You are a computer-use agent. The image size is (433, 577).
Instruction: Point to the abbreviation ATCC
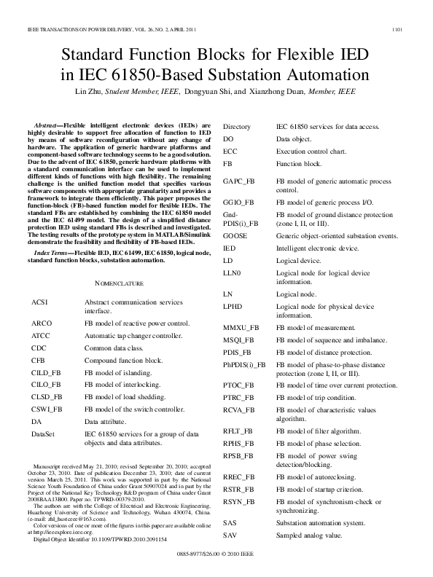tap(42, 335)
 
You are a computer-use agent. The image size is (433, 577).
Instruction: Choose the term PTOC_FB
tap(238, 385)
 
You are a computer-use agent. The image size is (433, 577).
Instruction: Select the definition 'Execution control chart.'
tap(315, 151)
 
